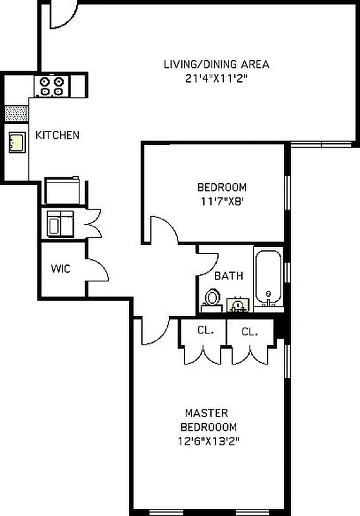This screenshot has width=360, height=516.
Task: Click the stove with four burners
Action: tap(52, 86)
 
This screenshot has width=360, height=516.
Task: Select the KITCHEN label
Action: tap(57, 135)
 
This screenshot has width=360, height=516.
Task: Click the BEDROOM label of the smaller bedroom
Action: tap(221, 188)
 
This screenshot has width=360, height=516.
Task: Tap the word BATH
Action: tap(228, 276)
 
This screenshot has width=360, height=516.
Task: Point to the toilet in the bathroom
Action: tap(211, 299)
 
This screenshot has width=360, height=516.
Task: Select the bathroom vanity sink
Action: tap(237, 304)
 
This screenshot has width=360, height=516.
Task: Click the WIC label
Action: tap(61, 268)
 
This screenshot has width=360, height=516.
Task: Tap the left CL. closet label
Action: tap(205, 330)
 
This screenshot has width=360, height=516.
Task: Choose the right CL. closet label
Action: tap(250, 332)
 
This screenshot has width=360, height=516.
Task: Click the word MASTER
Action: tap(206, 413)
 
